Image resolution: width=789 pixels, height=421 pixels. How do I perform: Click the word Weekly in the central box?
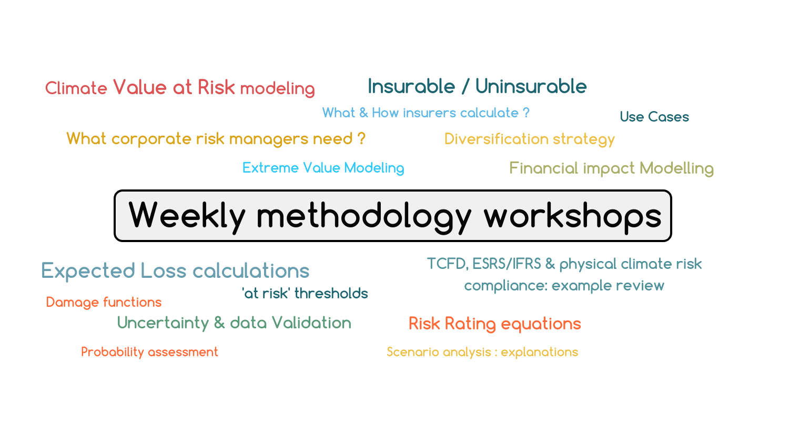point(187,216)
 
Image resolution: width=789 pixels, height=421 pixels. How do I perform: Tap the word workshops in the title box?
point(572,216)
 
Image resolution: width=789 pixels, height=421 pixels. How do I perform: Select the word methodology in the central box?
point(364,216)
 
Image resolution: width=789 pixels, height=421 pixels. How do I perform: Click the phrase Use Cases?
point(654,117)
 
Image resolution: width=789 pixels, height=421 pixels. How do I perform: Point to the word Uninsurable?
point(531,86)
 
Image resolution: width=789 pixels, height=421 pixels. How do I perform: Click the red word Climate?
point(76,88)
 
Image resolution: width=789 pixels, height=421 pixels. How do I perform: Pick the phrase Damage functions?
point(104,302)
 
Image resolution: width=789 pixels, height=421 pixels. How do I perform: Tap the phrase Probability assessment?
point(149,352)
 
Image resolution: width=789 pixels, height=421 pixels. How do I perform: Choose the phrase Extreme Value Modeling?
point(323,168)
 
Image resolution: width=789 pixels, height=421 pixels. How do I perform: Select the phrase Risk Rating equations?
point(494,324)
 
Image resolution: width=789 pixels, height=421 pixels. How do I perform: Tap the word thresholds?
point(331,294)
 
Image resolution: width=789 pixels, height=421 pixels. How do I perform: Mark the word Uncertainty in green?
point(163,323)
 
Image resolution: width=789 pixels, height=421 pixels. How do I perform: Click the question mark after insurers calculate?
point(526,113)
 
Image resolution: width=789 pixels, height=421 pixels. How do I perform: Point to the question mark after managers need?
point(361,138)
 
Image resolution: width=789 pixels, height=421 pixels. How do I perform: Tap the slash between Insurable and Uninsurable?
point(465,87)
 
